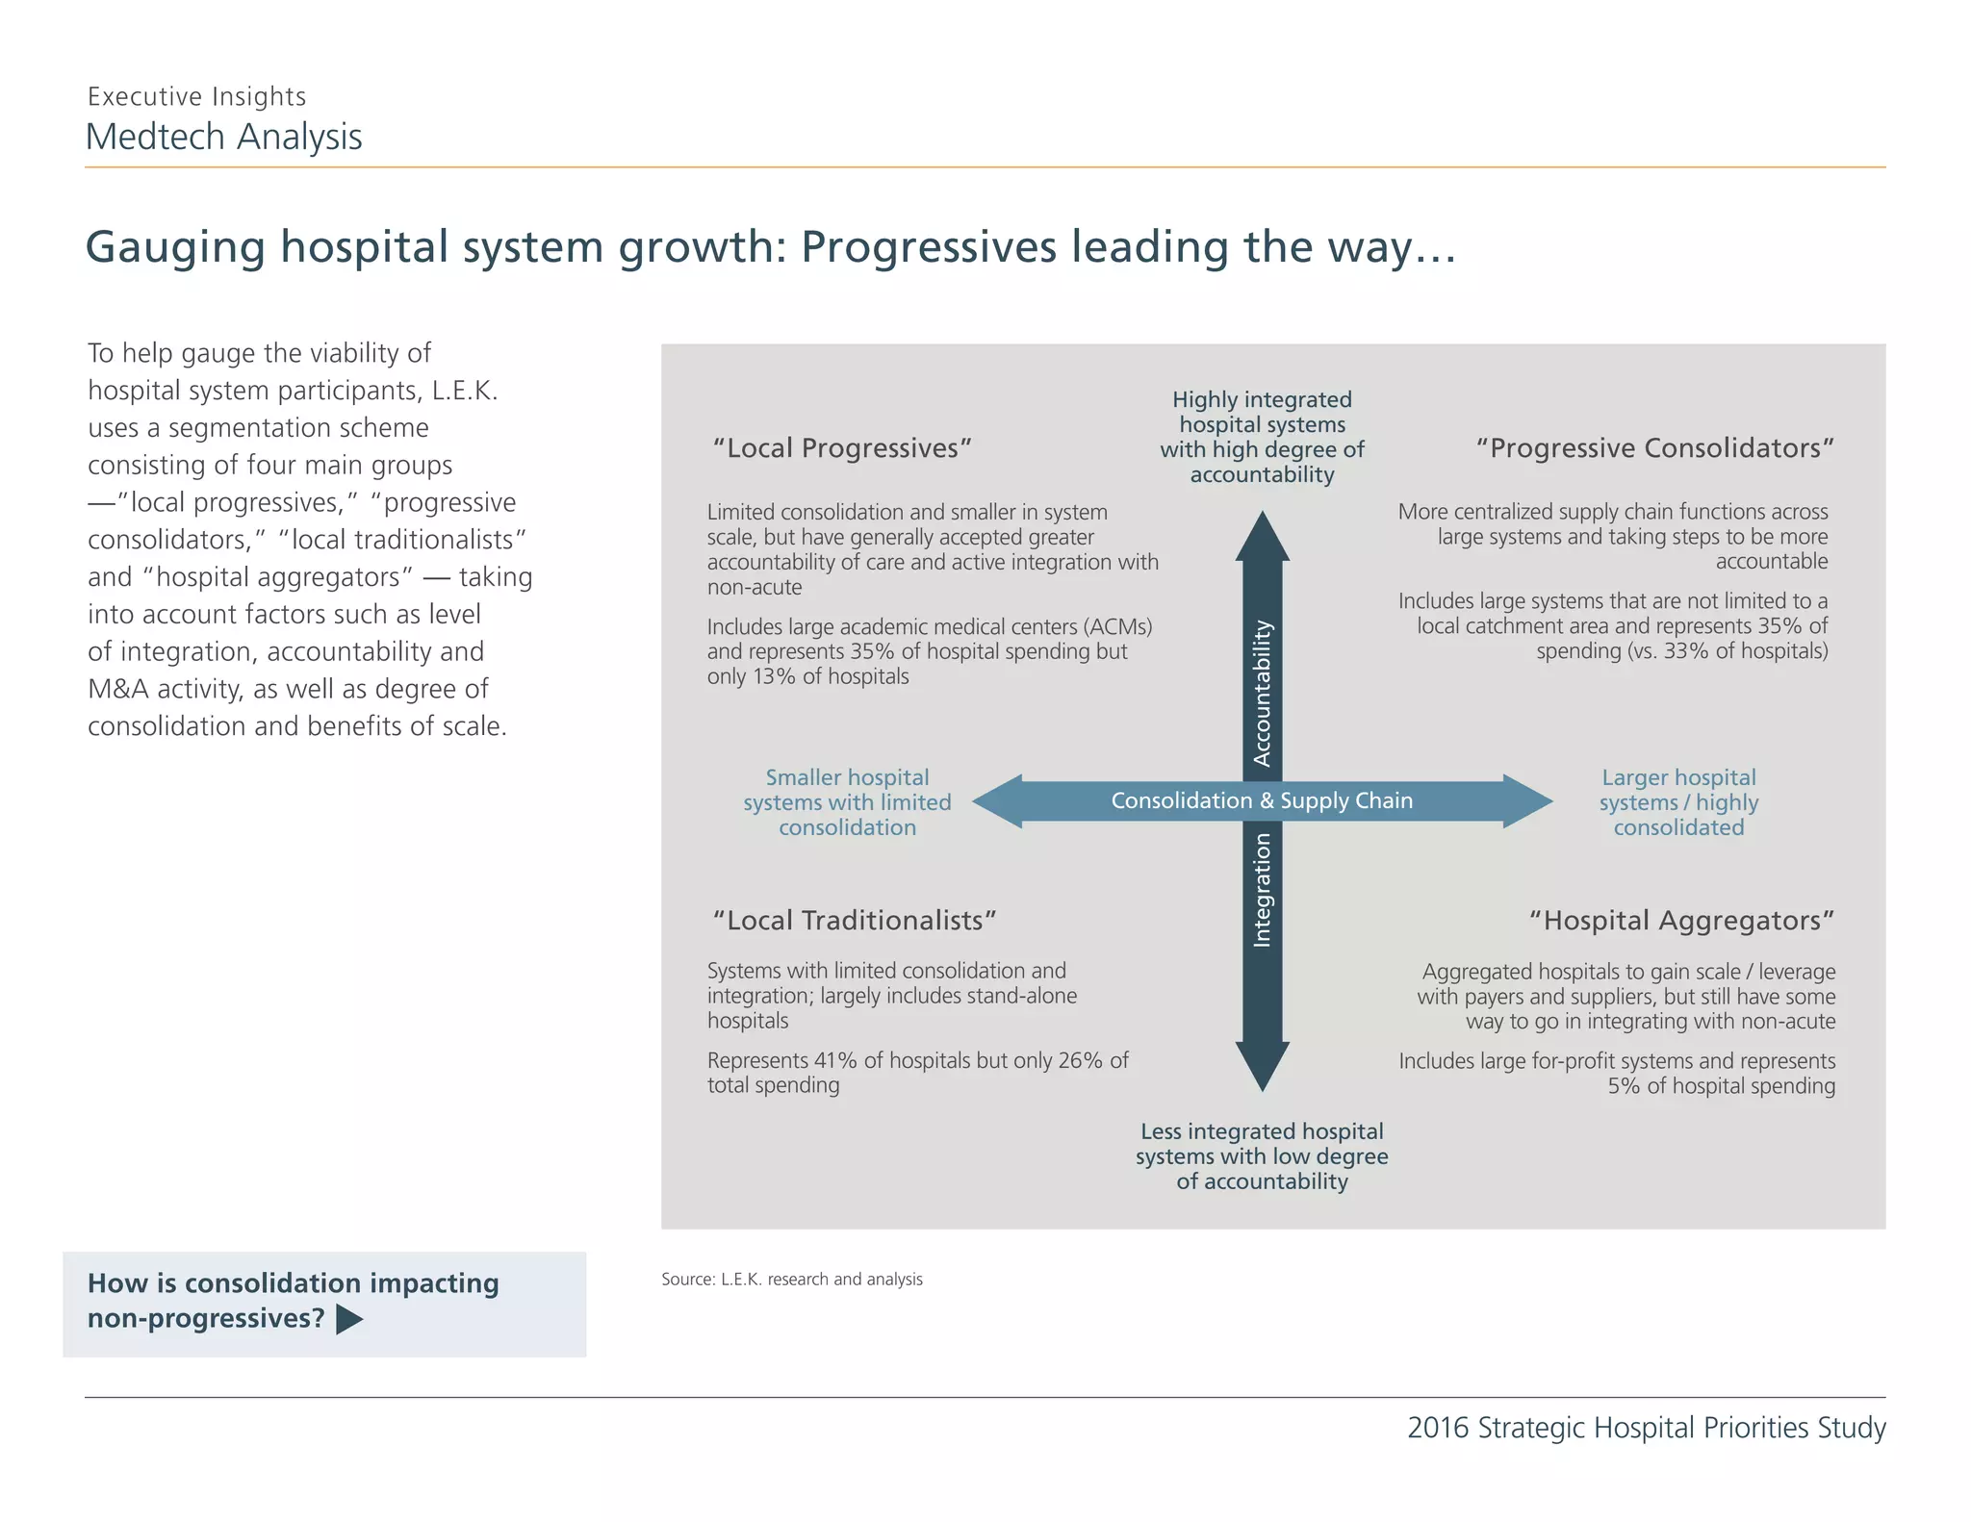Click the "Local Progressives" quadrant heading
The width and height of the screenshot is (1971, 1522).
click(x=842, y=448)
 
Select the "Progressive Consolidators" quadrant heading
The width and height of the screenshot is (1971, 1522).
click(x=1654, y=448)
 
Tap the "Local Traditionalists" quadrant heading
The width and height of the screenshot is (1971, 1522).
click(x=854, y=921)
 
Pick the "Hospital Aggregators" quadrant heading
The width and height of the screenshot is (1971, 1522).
click(x=1681, y=921)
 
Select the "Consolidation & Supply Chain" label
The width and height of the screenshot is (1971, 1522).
click(x=1262, y=800)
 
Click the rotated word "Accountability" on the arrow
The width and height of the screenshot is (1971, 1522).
click(x=1262, y=693)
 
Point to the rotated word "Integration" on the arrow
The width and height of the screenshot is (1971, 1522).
click(x=1262, y=890)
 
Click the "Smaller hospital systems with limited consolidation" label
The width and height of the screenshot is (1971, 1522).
click(x=847, y=802)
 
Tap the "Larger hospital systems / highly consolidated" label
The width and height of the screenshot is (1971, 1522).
click(x=1678, y=802)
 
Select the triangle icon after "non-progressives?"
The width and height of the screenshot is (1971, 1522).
click(x=349, y=1320)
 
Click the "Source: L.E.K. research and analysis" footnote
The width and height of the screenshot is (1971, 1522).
click(x=791, y=1280)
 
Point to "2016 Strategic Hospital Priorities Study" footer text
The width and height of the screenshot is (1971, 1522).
click(x=1646, y=1428)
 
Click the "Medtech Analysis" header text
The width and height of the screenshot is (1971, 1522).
click(x=223, y=138)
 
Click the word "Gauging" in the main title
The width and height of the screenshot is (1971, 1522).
click(x=174, y=247)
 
